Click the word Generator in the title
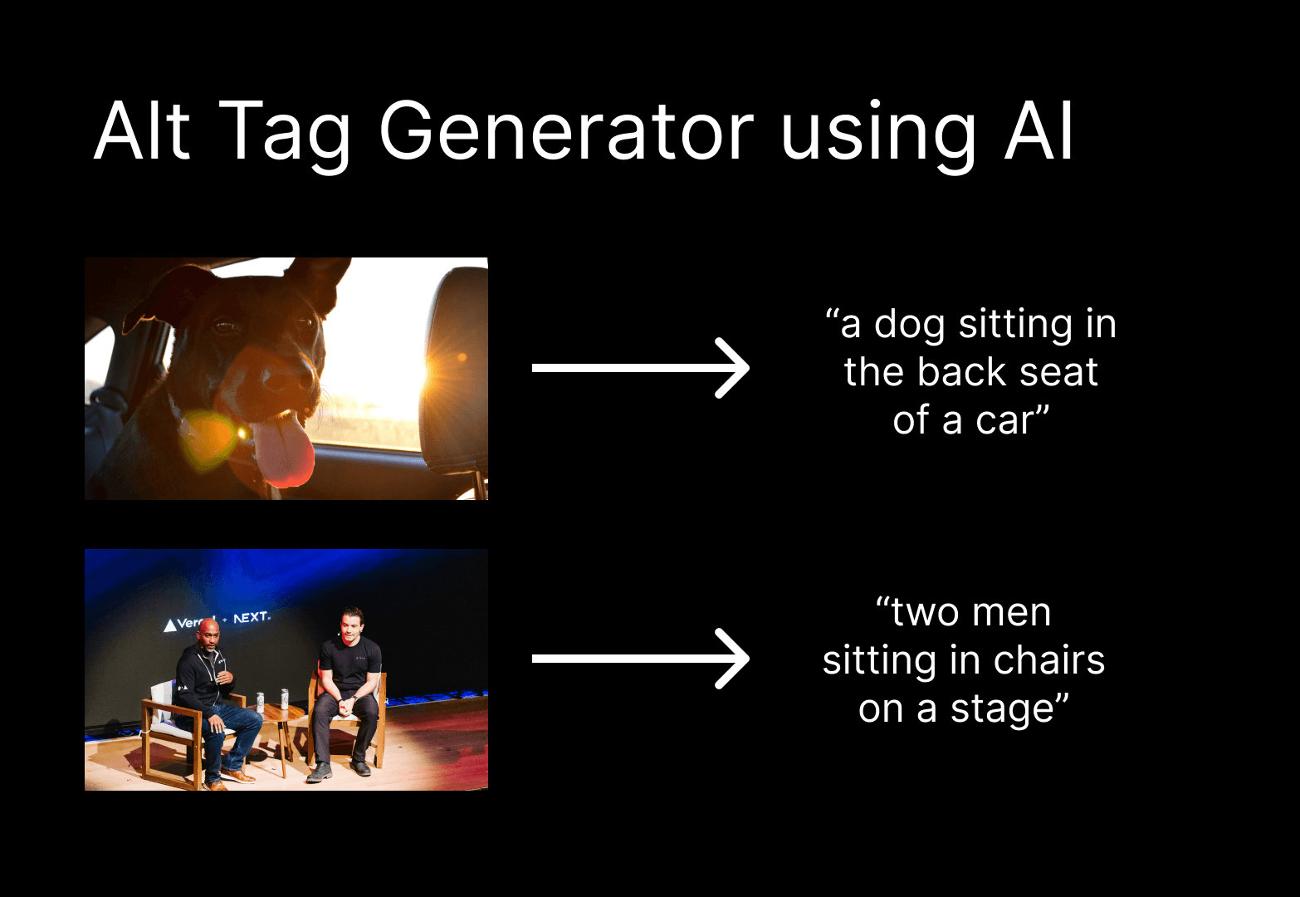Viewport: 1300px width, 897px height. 565,133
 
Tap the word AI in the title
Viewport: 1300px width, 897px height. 1039,133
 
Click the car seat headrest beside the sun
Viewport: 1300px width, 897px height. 457,365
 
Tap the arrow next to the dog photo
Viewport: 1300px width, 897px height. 640,368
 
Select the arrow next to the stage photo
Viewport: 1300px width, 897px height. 640,659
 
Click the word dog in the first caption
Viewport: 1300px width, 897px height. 910,325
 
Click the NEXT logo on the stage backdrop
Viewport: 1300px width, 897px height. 251,618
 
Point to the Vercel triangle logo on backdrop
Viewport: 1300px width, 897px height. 170,625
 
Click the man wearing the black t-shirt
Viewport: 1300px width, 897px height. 349,681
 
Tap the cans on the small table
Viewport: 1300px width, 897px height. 272,700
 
